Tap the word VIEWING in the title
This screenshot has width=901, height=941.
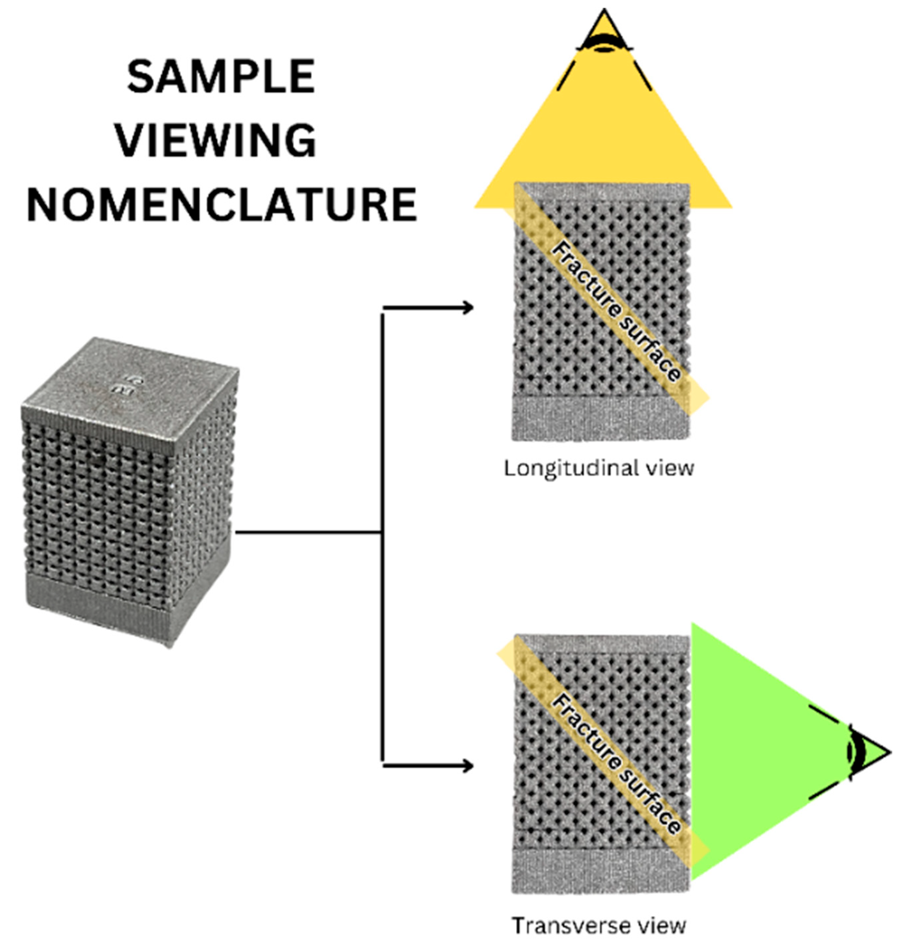point(216,140)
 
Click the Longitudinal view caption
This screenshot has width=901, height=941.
point(599,468)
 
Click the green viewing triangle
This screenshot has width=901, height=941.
point(749,749)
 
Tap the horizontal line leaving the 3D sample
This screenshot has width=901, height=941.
point(307,532)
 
